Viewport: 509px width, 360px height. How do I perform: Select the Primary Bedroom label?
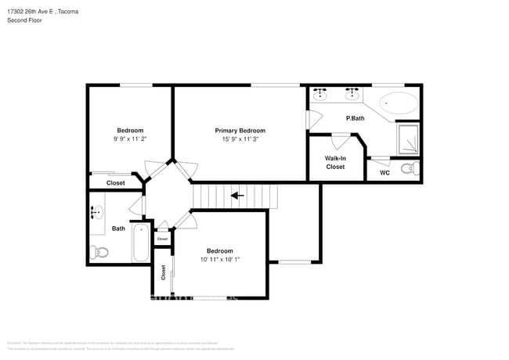(240, 131)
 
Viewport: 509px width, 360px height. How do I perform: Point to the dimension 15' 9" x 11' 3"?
(240, 139)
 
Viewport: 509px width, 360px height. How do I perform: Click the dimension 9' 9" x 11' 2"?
(130, 139)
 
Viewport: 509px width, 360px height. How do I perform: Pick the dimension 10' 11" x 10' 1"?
(220, 259)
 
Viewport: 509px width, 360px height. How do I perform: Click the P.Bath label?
(356, 118)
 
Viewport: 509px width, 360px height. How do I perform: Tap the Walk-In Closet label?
(335, 162)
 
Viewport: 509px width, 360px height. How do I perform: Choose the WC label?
(384, 172)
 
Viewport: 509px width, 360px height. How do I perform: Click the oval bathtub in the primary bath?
(399, 103)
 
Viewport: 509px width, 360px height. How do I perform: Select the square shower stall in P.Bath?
(408, 139)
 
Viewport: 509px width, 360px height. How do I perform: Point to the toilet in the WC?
(410, 168)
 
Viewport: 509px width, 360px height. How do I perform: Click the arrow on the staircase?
(236, 196)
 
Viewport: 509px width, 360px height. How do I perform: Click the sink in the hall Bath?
(97, 212)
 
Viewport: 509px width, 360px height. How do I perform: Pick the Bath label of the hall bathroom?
(118, 229)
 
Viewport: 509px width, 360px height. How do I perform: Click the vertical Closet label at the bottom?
(164, 272)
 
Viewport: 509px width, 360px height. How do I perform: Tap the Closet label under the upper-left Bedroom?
(115, 182)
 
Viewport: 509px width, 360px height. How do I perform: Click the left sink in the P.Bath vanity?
(321, 92)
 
